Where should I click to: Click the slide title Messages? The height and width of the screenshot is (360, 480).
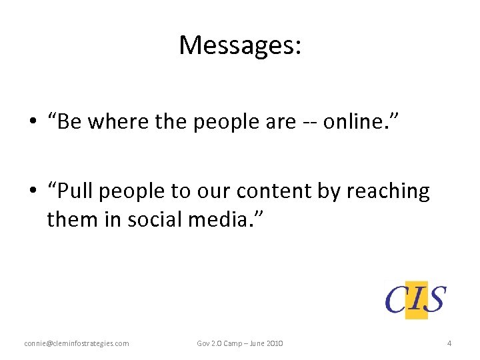(x=240, y=45)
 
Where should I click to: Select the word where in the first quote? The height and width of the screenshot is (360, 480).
(x=117, y=123)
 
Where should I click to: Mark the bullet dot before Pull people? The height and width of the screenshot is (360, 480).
(x=31, y=192)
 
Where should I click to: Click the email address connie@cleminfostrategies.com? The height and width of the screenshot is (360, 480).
(x=77, y=343)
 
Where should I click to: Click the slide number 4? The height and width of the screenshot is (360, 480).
(x=449, y=343)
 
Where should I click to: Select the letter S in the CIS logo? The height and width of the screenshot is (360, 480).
(x=435, y=299)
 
